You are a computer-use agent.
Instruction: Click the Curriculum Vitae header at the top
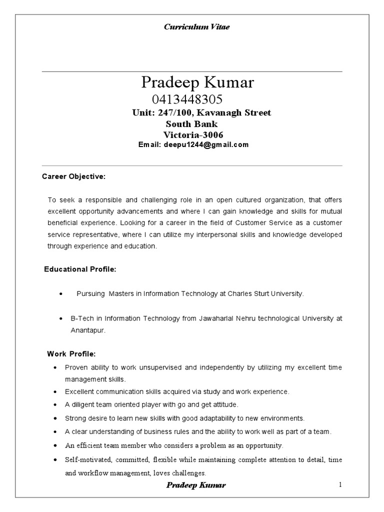(x=196, y=27)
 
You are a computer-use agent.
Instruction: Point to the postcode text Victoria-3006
(x=193, y=134)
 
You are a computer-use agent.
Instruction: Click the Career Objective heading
(x=73, y=176)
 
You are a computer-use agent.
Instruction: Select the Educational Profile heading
(x=80, y=269)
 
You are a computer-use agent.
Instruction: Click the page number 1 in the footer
(x=339, y=484)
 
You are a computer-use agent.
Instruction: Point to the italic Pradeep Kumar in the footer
(x=195, y=485)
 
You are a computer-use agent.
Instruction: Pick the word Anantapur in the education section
(x=87, y=330)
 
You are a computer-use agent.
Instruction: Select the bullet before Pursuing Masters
(x=60, y=294)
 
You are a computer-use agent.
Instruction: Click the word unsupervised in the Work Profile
(x=154, y=367)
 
